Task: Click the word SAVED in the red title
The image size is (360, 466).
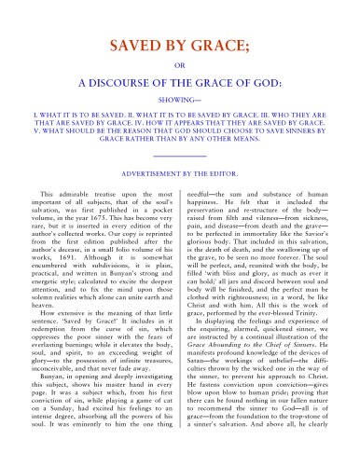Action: pyautogui.click(x=134, y=46)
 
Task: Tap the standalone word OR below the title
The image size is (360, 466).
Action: pyautogui.click(x=180, y=64)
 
